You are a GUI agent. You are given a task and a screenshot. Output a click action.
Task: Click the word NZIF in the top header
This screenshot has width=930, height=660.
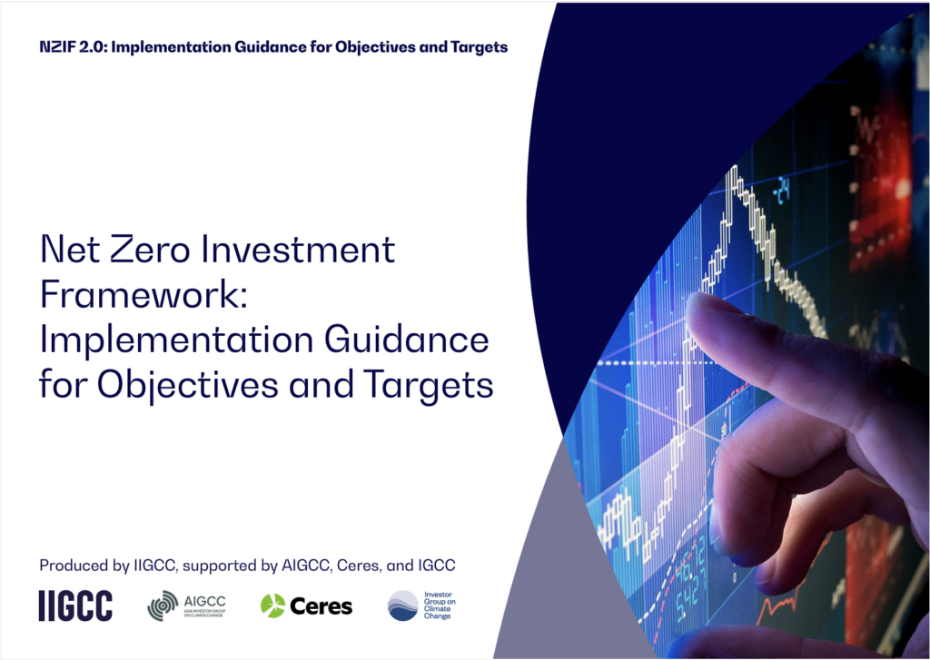(x=57, y=47)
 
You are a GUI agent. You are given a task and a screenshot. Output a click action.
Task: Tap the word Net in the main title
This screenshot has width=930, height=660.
(x=74, y=249)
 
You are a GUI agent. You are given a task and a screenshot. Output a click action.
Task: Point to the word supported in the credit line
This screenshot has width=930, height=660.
(x=224, y=566)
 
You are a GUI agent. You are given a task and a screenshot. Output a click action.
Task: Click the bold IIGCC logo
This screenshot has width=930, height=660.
(x=75, y=606)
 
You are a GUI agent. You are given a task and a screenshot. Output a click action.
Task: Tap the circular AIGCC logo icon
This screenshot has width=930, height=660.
(x=163, y=606)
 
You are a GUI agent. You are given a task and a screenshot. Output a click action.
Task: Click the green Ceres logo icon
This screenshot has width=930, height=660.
(x=272, y=606)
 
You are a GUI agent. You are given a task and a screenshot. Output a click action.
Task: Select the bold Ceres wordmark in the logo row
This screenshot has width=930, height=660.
(x=321, y=606)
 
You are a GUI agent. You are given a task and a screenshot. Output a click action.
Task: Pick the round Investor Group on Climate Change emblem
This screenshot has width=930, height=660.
(x=402, y=606)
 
